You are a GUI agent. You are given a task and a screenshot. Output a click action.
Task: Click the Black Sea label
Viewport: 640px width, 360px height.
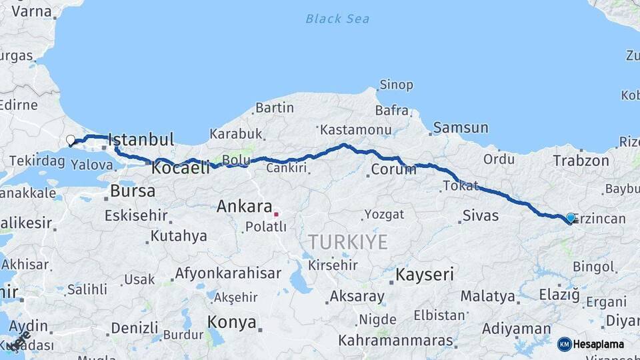pyautogui.click(x=337, y=19)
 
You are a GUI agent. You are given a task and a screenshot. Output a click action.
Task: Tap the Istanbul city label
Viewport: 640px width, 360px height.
pyautogui.click(x=141, y=140)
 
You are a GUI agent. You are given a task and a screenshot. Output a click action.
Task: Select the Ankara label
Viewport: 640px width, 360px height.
pyautogui.click(x=244, y=207)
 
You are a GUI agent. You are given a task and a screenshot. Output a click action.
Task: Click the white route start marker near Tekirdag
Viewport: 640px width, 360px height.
pyautogui.click(x=71, y=140)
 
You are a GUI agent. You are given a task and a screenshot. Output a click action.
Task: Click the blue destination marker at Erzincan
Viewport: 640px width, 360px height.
pyautogui.click(x=571, y=218)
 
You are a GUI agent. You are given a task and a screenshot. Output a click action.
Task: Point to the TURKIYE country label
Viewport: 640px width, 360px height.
pyautogui.click(x=347, y=242)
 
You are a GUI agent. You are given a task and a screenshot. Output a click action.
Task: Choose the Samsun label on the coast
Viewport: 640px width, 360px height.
pyautogui.click(x=461, y=127)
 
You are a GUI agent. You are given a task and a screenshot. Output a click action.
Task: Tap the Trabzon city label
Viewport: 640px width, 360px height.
pyautogui.click(x=581, y=161)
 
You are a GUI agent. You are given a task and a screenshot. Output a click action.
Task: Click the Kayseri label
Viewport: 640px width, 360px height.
pyautogui.click(x=425, y=274)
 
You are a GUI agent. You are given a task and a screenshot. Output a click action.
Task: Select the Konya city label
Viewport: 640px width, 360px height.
pyautogui.click(x=231, y=323)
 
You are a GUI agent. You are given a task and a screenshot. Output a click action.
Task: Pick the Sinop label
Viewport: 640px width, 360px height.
pyautogui.click(x=396, y=85)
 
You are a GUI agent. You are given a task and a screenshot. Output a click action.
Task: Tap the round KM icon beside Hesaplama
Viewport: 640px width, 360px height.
pyautogui.click(x=565, y=344)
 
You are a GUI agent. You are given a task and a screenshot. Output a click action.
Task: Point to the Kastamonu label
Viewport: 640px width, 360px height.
pyautogui.click(x=355, y=129)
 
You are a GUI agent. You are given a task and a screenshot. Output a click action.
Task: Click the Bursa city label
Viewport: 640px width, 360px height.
pyautogui.click(x=133, y=191)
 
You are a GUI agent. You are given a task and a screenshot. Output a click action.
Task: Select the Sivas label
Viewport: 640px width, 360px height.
pyautogui.click(x=480, y=215)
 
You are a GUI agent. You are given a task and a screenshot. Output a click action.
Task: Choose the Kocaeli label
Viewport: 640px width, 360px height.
pyautogui.click(x=181, y=169)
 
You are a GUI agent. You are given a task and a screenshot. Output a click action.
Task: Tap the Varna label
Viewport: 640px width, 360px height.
pyautogui.click(x=32, y=11)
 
